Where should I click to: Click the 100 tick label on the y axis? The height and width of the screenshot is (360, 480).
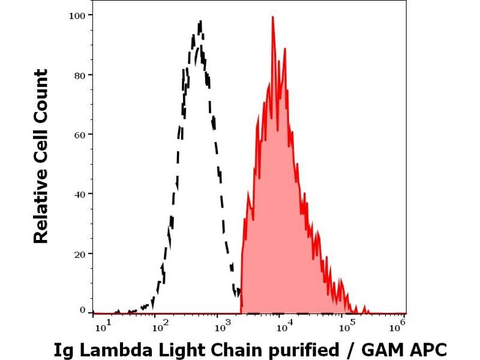76,14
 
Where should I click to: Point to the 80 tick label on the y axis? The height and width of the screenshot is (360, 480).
79,74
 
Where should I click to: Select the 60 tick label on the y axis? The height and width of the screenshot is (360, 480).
79,134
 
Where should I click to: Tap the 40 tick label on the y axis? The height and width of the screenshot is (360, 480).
79,194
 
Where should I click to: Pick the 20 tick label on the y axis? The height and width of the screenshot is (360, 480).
79,253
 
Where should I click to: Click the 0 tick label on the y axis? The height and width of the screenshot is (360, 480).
82,310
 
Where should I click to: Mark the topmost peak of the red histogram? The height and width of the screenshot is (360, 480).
273,17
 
